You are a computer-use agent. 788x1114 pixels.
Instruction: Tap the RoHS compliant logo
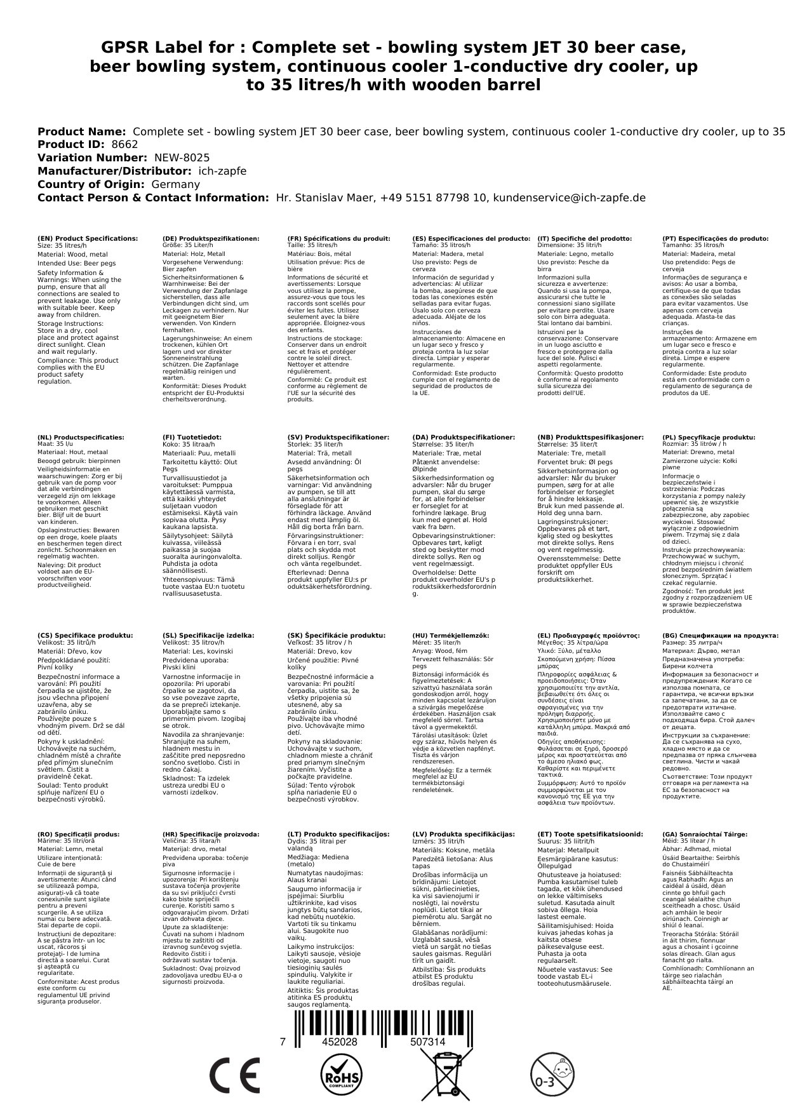[x=342, y=1075]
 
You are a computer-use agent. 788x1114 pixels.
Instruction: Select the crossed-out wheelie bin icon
[x=447, y=1075]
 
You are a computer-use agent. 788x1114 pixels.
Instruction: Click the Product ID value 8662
[x=124, y=145]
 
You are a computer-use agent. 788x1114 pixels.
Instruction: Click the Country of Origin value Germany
[x=175, y=184]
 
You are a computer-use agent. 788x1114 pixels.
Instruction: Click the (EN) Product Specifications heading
[x=88, y=239]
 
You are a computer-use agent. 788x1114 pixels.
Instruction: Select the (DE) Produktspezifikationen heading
[x=211, y=239]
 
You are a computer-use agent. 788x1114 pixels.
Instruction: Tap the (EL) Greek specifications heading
[x=589, y=635]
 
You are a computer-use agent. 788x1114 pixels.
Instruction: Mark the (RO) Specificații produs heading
[x=79, y=834]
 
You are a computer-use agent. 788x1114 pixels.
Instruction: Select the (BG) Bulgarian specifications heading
[x=720, y=635]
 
